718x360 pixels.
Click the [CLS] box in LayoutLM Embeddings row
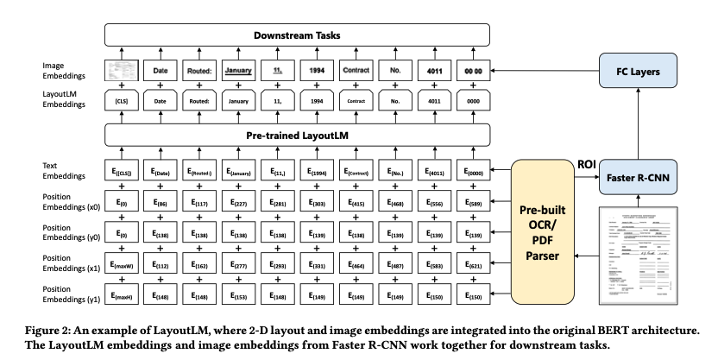[120, 100]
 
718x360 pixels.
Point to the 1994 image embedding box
[317, 68]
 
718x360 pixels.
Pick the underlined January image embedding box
[237, 68]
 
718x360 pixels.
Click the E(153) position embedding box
[238, 298]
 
